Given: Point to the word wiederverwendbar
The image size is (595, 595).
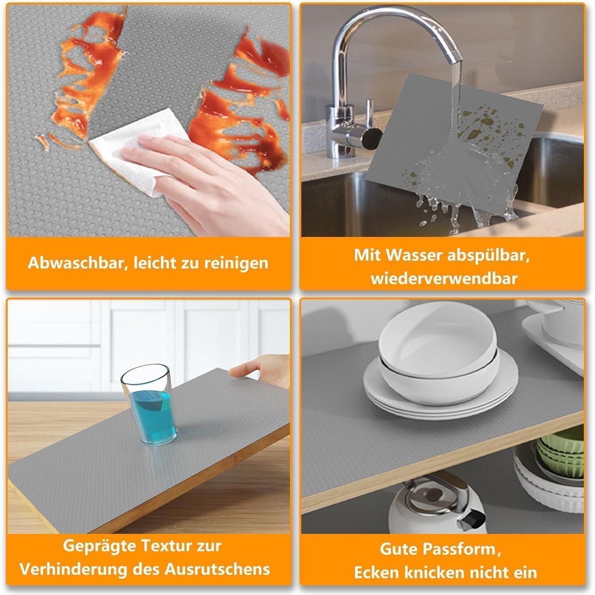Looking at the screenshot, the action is (444, 278).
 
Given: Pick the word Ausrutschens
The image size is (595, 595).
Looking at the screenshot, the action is (217, 569).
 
